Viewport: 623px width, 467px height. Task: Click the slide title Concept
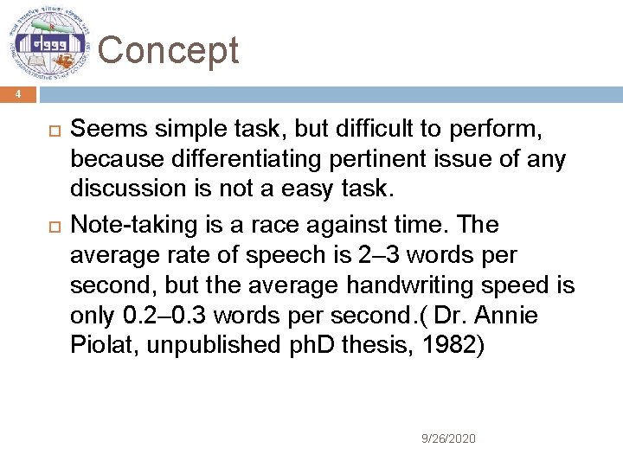(168, 50)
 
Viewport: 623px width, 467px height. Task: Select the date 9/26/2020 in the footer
(447, 438)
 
